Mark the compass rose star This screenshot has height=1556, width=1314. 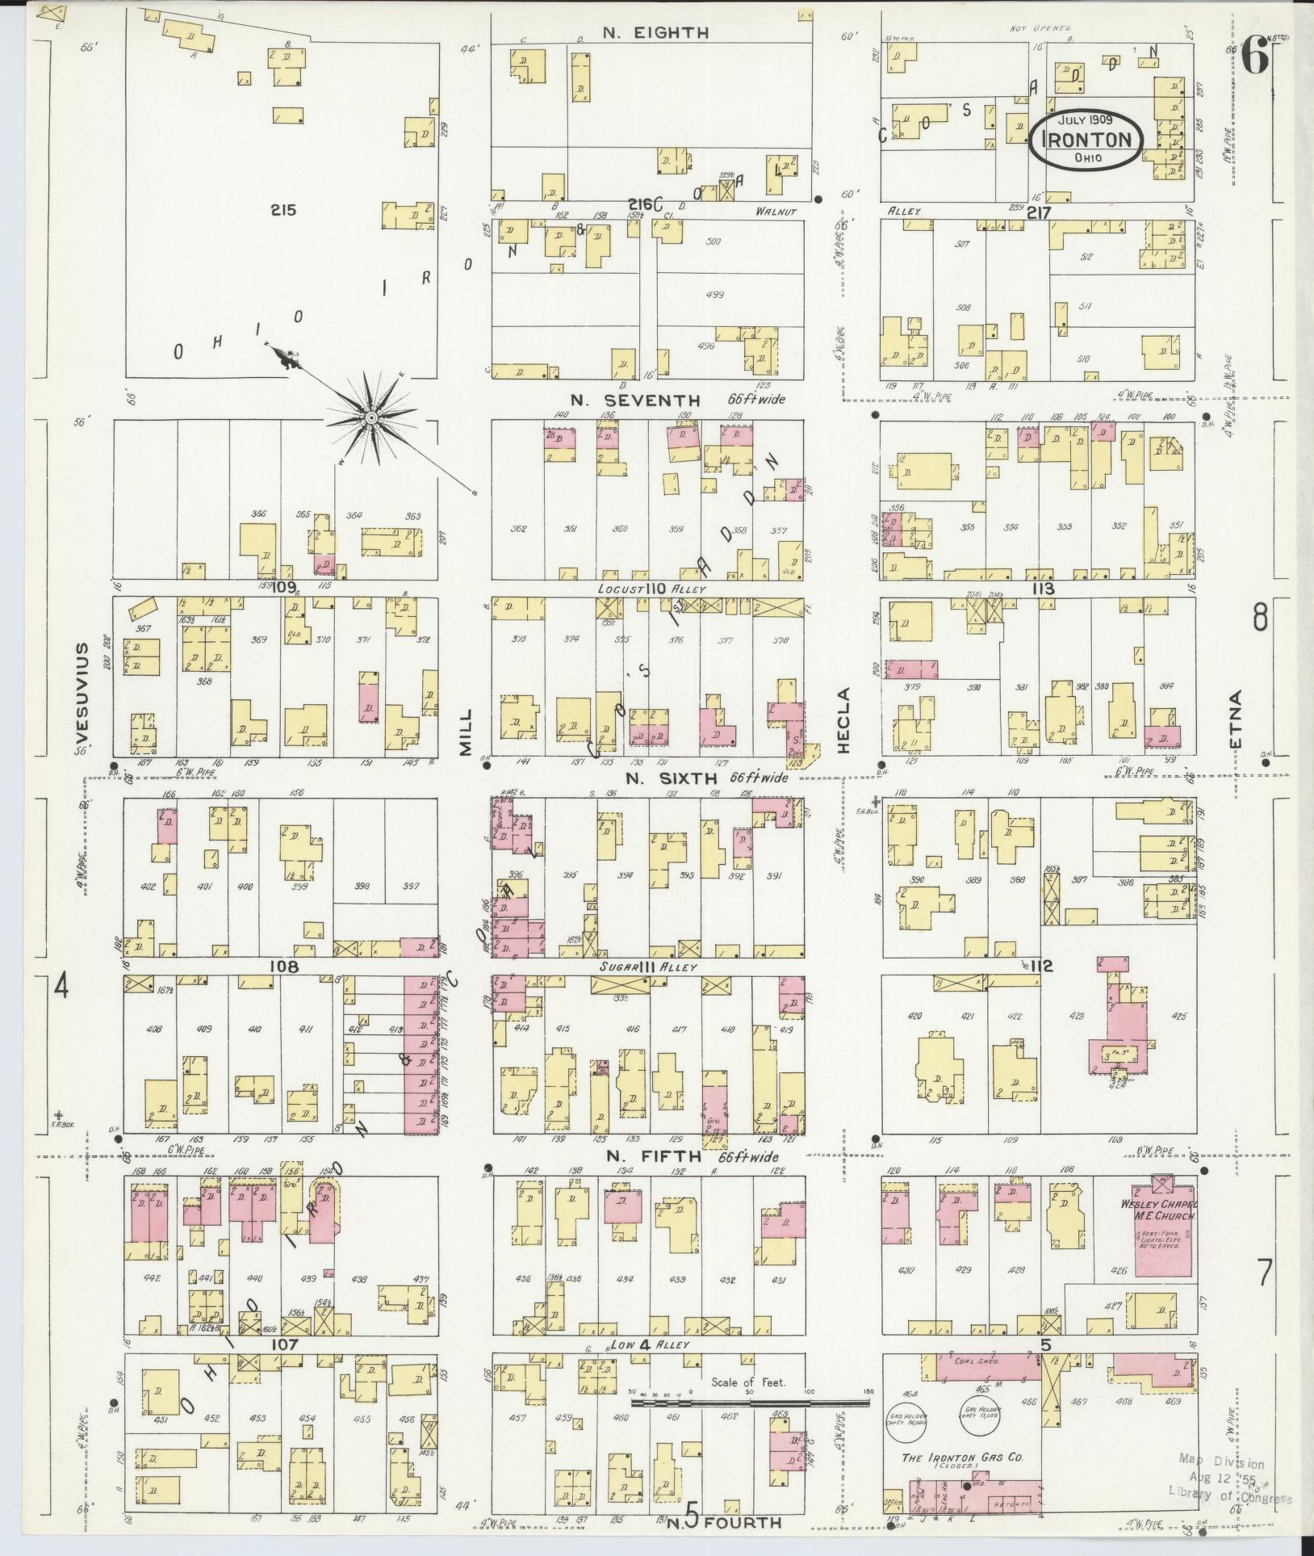(370, 417)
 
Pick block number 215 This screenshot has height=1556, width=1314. (283, 210)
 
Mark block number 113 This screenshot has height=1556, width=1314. (1042, 589)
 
